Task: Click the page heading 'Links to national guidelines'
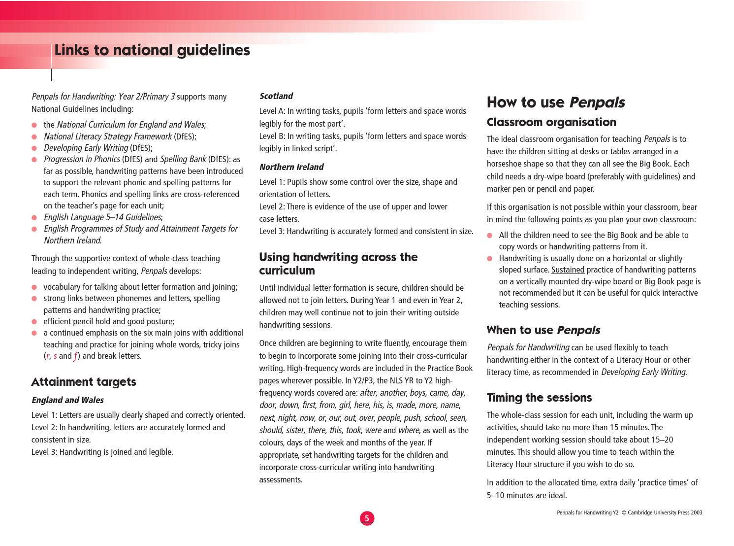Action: point(152,50)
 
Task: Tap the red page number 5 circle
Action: point(367,518)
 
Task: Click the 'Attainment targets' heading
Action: point(84,382)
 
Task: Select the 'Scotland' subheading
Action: point(276,96)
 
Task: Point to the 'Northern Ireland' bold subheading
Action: point(291,167)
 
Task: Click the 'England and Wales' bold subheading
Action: point(67,400)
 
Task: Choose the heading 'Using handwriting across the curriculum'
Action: point(338,264)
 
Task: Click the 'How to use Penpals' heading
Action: point(556,102)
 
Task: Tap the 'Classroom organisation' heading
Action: point(551,122)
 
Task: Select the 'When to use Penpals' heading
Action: point(543,330)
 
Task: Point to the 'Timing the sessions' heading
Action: point(539,398)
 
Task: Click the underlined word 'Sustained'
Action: point(568,270)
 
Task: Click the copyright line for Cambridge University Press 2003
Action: point(629,512)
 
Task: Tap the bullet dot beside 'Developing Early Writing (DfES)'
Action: point(34,148)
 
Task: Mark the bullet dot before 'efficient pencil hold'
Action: point(34,322)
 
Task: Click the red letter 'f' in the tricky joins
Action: point(75,356)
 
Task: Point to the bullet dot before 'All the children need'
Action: point(490,236)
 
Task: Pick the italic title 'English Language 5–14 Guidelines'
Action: point(102,217)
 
